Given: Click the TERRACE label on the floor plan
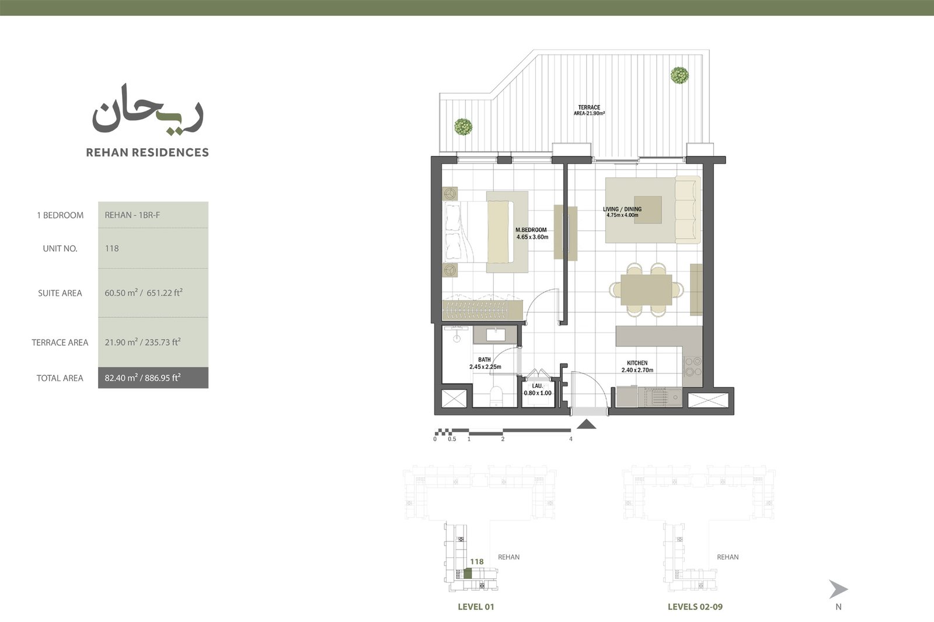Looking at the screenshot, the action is pyautogui.click(x=589, y=107).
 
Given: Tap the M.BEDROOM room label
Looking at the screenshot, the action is pyautogui.click(x=531, y=230).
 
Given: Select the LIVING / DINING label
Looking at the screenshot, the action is pyautogui.click(x=622, y=209).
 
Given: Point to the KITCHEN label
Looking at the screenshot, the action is pyautogui.click(x=637, y=363).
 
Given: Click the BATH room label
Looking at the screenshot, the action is pyautogui.click(x=485, y=360).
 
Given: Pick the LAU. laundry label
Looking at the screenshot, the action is pyautogui.click(x=538, y=386).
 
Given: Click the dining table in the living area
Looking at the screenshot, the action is pyautogui.click(x=646, y=290).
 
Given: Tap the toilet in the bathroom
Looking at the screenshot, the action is pyautogui.click(x=496, y=395).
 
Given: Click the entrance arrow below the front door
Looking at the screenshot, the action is pyautogui.click(x=586, y=424).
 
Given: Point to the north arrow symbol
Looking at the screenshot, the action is pyautogui.click(x=838, y=589).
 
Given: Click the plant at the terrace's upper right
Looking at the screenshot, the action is pyautogui.click(x=679, y=75).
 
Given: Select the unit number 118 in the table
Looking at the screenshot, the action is pyautogui.click(x=111, y=249).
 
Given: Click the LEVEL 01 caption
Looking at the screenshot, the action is pyautogui.click(x=476, y=607).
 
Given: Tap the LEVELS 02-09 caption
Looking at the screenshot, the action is pyautogui.click(x=695, y=607).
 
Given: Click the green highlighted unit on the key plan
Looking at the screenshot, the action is pyautogui.click(x=468, y=573).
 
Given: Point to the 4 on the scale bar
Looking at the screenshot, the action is pyautogui.click(x=571, y=439).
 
